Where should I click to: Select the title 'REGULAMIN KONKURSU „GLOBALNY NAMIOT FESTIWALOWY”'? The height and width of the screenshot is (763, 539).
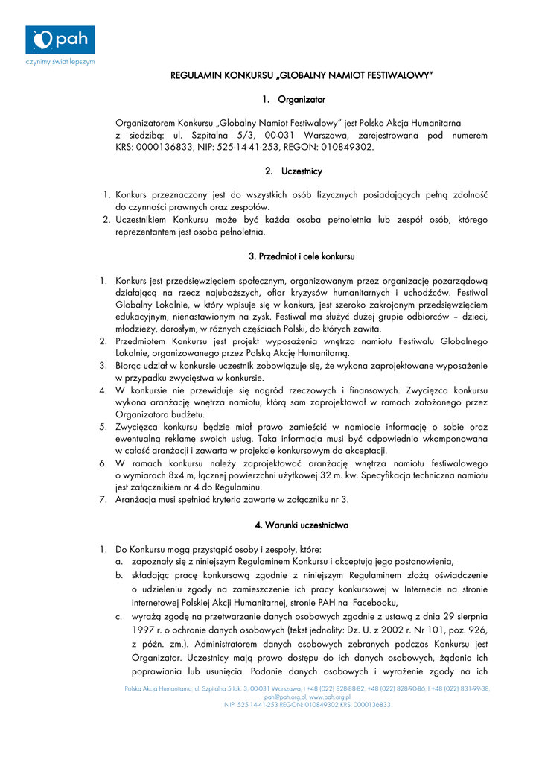[x=302, y=75]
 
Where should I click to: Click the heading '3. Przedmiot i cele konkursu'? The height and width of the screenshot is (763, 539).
[x=302, y=256]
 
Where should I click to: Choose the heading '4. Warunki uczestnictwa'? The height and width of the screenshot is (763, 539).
[x=302, y=525]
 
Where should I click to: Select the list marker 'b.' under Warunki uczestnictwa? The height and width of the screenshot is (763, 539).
[x=119, y=576]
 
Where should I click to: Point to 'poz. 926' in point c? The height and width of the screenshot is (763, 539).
[x=469, y=630]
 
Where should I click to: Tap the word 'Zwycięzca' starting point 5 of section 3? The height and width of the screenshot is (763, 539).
[x=140, y=426]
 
